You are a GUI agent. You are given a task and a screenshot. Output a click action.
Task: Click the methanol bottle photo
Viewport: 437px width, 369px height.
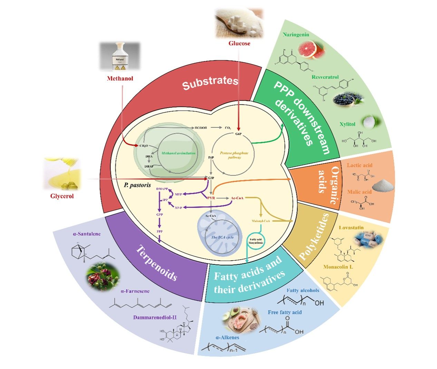[120, 57]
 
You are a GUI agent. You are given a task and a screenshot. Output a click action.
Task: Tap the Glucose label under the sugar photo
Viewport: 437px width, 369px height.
[239, 43]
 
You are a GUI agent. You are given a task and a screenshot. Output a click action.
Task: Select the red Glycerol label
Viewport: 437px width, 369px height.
[62, 196]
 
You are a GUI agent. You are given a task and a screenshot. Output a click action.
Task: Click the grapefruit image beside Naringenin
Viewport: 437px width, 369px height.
[312, 49]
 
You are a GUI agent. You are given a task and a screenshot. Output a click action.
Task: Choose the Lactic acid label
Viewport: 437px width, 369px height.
[360, 165]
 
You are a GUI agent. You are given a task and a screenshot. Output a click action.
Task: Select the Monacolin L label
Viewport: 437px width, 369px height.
[338, 267]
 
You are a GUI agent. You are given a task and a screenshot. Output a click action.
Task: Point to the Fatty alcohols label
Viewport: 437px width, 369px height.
[303, 290]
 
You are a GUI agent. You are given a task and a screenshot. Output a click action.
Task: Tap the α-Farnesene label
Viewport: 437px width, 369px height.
[135, 291]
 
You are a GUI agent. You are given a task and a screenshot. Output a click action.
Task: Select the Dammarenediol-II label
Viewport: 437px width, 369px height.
[155, 318]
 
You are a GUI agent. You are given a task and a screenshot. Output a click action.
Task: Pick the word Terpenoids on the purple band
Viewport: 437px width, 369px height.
[157, 263]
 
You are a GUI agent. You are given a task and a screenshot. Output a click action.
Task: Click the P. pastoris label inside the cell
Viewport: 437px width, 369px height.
[137, 185]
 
